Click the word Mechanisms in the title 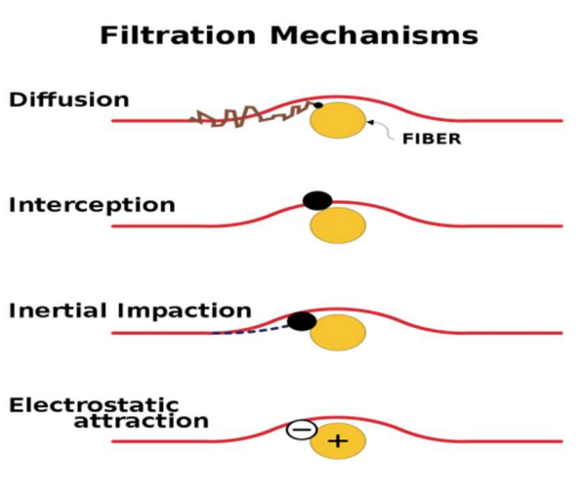point(375,36)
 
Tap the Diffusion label point(68,100)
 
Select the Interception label point(92,205)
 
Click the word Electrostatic point(94,404)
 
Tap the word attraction point(141,422)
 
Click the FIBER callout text point(431,140)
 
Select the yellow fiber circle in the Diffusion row point(338,120)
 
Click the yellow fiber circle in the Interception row point(338,226)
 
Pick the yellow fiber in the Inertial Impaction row point(338,332)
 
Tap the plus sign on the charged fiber point(338,441)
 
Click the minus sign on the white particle point(302,429)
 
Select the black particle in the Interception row point(317,200)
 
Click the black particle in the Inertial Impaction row point(302,320)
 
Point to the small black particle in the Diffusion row point(316,104)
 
